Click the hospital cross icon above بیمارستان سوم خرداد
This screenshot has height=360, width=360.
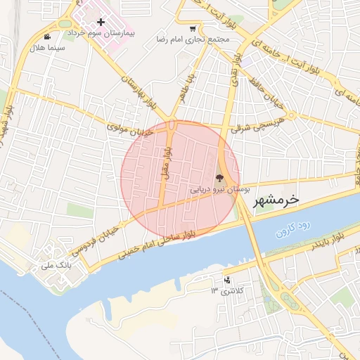101,22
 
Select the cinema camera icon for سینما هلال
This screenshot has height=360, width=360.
47,37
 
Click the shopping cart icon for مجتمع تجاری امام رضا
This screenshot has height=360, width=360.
193,29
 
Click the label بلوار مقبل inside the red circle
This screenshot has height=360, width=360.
167,162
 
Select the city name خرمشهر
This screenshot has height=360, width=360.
277,200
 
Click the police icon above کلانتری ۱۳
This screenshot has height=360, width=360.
226,280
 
